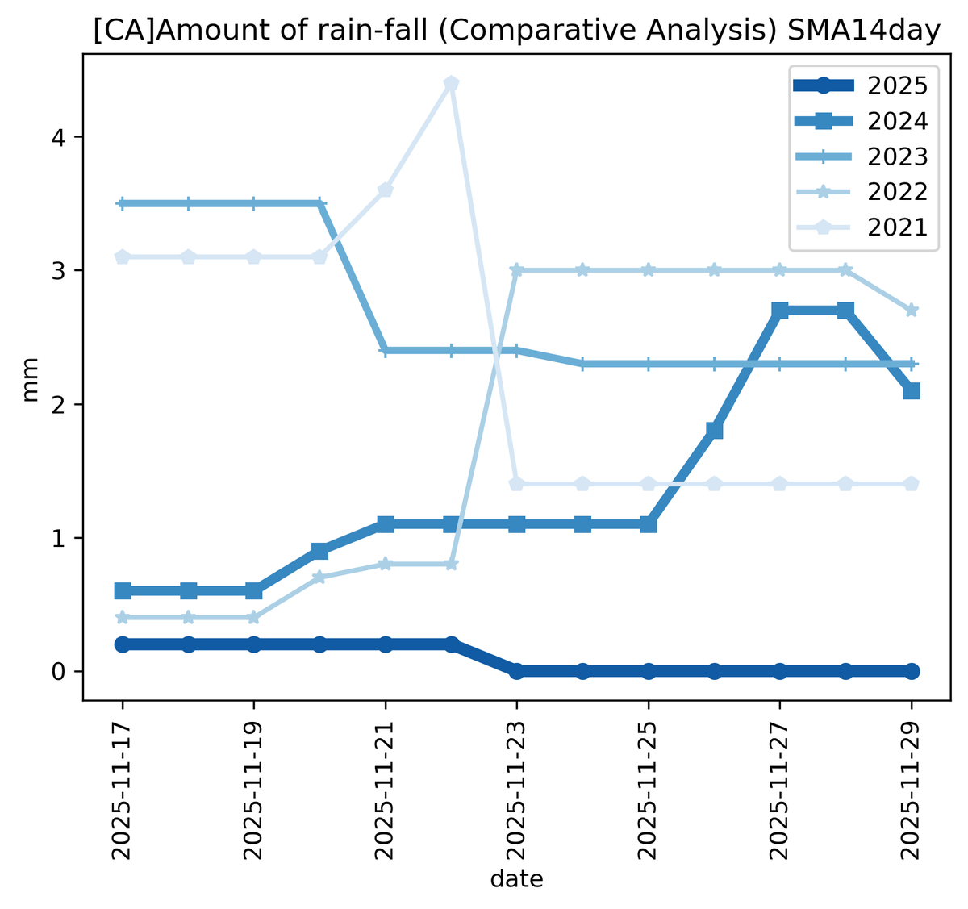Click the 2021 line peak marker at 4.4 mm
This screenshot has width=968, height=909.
click(x=451, y=84)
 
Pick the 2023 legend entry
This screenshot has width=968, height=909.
click(x=898, y=156)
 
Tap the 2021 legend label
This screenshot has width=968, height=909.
click(x=898, y=227)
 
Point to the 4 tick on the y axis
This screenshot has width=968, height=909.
click(x=56, y=137)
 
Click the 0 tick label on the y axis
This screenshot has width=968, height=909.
click(x=56, y=671)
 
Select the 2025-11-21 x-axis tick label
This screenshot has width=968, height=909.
click(x=386, y=791)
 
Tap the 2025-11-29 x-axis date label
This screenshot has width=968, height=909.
click(x=912, y=791)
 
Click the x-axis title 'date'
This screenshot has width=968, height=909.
click(x=517, y=878)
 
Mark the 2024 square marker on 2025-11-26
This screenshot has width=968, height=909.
click(x=714, y=430)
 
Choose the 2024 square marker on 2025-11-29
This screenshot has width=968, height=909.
click(x=912, y=390)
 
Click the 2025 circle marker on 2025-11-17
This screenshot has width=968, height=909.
click(x=123, y=644)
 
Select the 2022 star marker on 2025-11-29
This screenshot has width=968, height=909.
click(x=912, y=311)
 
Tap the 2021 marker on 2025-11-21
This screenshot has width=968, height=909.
click(x=386, y=190)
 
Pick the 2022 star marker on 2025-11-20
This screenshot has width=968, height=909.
click(x=319, y=578)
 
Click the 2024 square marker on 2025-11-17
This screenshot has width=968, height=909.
click(x=123, y=591)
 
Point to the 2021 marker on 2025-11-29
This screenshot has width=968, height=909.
click(x=912, y=484)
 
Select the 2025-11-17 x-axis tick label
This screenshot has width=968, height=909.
click(x=123, y=791)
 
